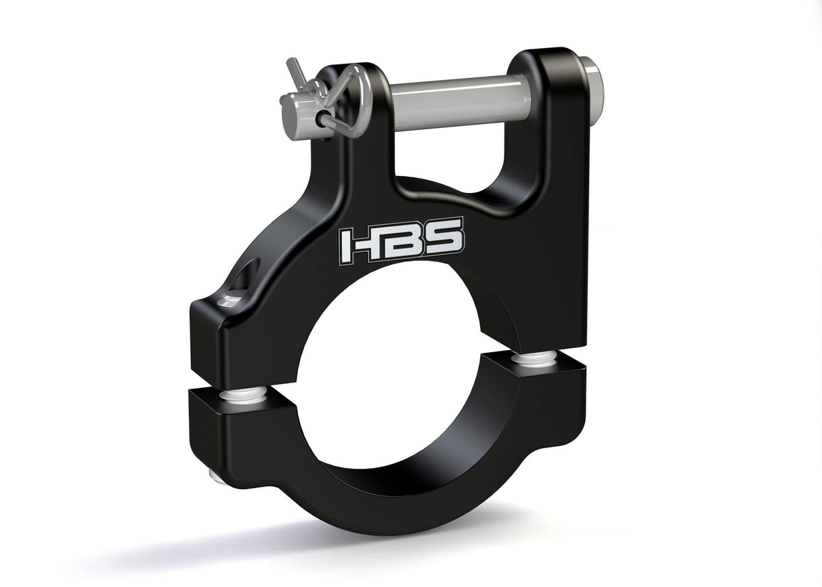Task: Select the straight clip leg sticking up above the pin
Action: coord(296,70)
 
